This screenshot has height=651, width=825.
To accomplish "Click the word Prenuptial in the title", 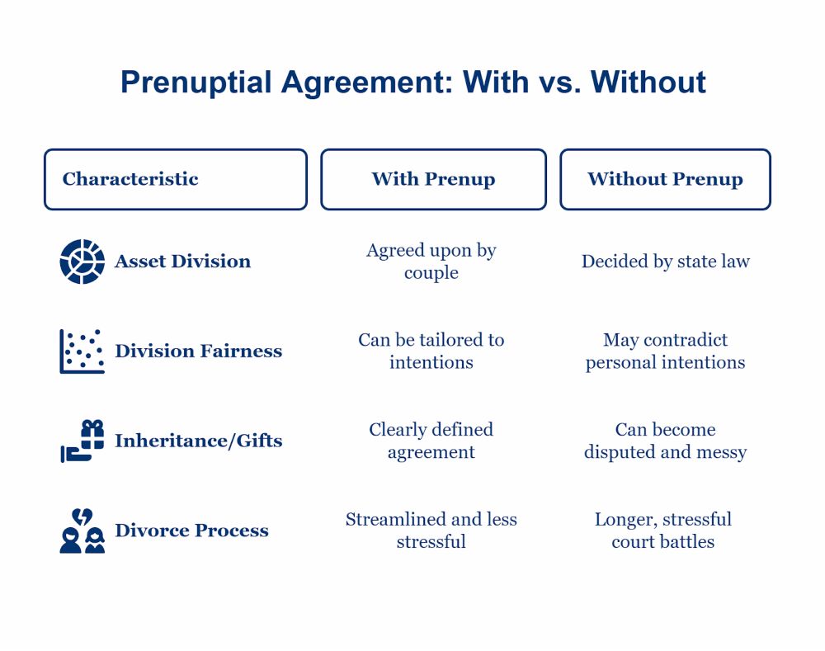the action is coord(196,83).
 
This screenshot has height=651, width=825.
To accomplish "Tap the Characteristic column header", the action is coord(176,180).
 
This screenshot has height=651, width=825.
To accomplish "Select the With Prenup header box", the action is coord(434,180).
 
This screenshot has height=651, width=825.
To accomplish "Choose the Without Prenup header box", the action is coord(666,180).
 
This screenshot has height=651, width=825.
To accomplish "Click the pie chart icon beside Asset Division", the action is coord(82,262).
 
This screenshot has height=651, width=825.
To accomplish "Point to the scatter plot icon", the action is coord(82,351).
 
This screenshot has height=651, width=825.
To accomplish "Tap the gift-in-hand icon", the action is coord(82,441).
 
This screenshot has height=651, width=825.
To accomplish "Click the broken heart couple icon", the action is coord(82,531).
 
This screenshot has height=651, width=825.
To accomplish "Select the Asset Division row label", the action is coord(182,262).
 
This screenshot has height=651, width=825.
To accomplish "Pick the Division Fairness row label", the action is coord(198,351).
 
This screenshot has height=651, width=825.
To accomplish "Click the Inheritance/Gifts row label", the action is coord(198,441).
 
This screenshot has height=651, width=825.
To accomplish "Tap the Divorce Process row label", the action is coord(191,531).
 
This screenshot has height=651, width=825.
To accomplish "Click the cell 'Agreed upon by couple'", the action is coord(431,262).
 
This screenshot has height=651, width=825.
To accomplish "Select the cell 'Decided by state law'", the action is coord(666,262).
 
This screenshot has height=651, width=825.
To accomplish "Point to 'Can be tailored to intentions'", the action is coord(431,351).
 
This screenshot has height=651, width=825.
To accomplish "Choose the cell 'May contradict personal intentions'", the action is coord(666,351).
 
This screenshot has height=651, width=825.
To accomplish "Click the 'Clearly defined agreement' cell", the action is coord(431,441).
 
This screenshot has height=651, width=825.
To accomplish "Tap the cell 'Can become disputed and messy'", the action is coord(666,441).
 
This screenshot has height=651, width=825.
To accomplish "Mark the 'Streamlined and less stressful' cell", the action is coord(431,531).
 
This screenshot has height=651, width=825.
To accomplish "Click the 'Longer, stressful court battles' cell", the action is coord(663,531).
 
